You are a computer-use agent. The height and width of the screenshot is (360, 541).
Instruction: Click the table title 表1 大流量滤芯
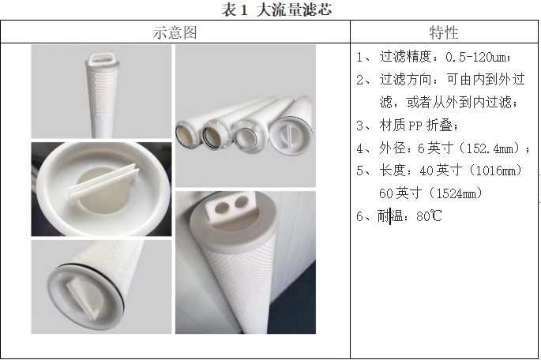[x=276, y=9]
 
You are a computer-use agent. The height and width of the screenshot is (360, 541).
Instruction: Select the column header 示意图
[x=175, y=32]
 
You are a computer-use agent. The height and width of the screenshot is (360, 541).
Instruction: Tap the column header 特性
[x=444, y=32]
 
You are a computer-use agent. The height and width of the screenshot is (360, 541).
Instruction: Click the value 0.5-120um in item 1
[x=475, y=57]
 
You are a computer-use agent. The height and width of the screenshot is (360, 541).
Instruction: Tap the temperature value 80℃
[x=429, y=216]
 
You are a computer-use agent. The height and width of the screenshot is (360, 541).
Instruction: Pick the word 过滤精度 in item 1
[x=405, y=57]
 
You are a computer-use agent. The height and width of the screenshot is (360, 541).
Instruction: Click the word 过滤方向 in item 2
[x=405, y=79]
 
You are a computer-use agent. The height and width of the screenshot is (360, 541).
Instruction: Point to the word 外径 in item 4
[x=393, y=148]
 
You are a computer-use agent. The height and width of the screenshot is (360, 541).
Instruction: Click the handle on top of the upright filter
[x=100, y=59]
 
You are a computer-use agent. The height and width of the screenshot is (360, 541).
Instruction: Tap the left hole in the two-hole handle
[x=222, y=207]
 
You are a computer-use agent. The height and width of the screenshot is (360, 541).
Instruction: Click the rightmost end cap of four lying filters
[x=291, y=134]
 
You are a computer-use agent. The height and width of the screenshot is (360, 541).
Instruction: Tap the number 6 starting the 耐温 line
[x=360, y=216]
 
